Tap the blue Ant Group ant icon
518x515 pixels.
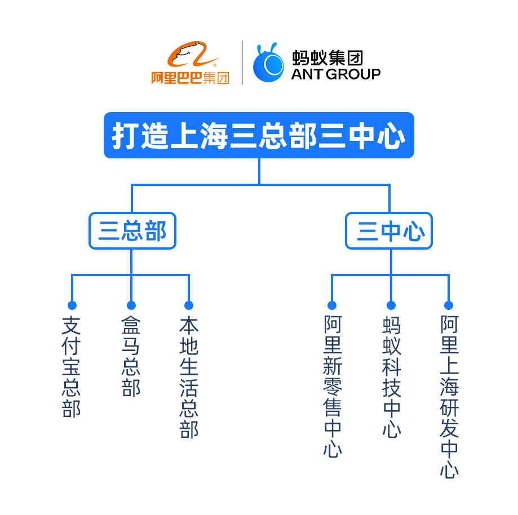tap(268, 63)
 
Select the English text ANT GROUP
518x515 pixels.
tap(336, 74)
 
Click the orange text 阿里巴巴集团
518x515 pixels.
tap(191, 78)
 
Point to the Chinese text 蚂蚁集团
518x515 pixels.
tap(327, 57)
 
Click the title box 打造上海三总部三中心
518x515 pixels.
tap(259, 136)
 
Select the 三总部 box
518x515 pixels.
tap(132, 231)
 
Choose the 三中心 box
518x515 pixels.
tap(389, 231)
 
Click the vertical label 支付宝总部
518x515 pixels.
tap(72, 367)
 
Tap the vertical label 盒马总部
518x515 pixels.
tap(131, 356)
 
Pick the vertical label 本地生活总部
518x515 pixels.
tap(189, 378)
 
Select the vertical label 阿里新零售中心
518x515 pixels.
tap(333, 387)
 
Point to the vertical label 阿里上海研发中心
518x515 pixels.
tap(449, 397)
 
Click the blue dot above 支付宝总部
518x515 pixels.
tap(72, 305)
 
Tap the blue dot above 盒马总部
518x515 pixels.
tap(131, 305)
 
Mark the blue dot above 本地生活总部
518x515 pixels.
tap(189, 305)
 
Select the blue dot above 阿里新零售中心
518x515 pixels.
tap(332, 305)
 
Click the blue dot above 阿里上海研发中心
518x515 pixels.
tap(449, 305)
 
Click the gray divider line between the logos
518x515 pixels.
tap(242, 63)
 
